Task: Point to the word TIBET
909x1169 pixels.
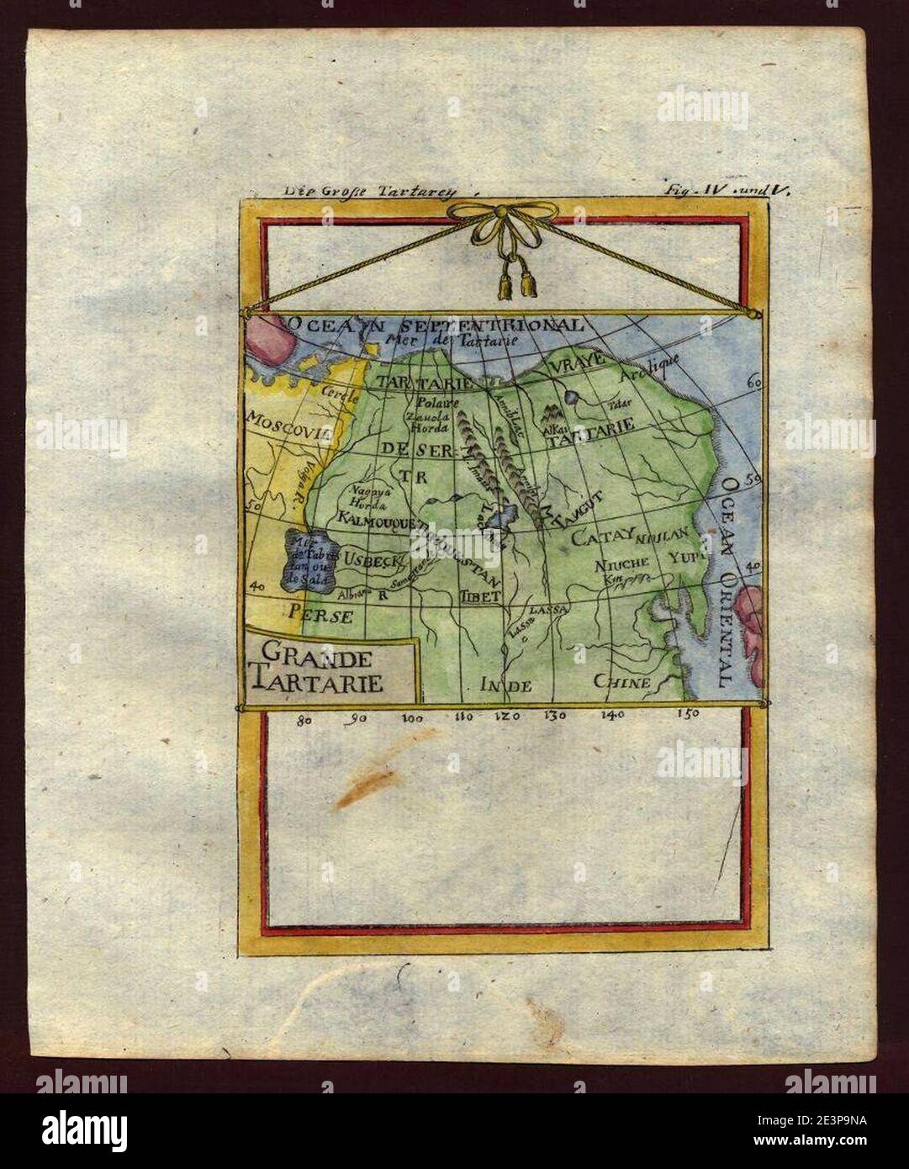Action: [480, 595]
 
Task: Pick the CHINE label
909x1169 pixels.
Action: [622, 682]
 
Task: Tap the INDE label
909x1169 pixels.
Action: [505, 685]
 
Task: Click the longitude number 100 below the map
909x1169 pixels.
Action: [413, 718]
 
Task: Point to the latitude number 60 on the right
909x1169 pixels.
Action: [754, 382]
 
